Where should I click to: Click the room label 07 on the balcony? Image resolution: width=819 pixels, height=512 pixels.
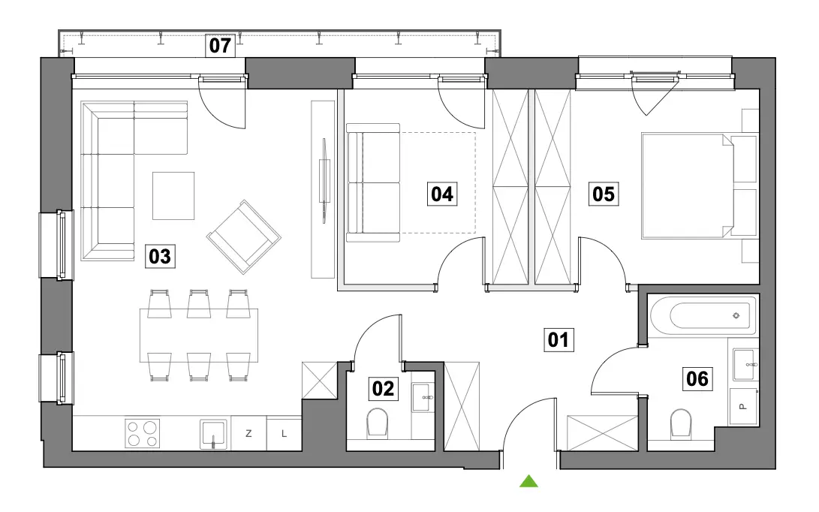(x=220, y=46)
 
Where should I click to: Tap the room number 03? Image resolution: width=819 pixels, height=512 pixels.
(x=160, y=257)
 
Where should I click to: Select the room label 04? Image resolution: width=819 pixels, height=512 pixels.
(x=442, y=194)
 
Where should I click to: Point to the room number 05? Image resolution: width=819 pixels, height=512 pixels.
(x=604, y=194)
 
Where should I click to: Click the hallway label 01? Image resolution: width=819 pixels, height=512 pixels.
(x=559, y=339)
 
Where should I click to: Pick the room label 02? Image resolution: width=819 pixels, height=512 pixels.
(x=383, y=389)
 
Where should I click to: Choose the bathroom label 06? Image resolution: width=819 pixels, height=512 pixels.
(x=697, y=379)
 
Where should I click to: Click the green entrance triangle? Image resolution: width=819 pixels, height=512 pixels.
(x=528, y=480)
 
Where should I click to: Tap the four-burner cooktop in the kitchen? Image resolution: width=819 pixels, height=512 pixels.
(x=143, y=433)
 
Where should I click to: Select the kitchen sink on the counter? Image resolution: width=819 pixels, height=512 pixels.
(x=213, y=435)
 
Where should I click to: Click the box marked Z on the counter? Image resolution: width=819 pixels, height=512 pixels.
(x=248, y=433)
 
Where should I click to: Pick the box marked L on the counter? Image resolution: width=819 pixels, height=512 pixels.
(x=285, y=433)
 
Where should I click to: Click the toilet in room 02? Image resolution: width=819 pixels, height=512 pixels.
(x=377, y=422)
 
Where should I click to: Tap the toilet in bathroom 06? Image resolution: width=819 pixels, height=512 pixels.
(x=680, y=422)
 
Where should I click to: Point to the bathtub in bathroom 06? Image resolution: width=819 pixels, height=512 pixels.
(x=703, y=315)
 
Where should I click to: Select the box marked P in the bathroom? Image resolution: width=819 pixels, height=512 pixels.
(x=744, y=406)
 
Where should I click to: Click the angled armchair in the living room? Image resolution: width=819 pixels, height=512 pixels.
(x=244, y=236)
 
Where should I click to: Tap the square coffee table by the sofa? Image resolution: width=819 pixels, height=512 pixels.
(x=173, y=195)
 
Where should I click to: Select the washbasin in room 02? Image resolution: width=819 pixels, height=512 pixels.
(x=423, y=398)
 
